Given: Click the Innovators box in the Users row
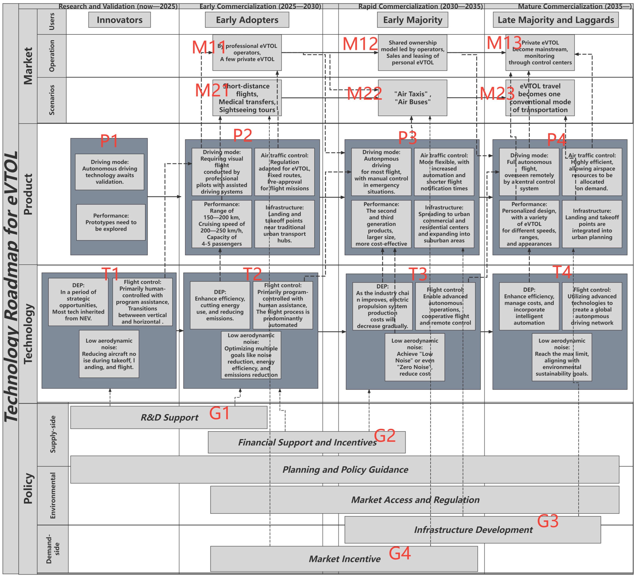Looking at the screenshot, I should (120, 20).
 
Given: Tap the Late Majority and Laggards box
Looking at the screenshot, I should (556, 20).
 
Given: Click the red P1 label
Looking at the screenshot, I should (109, 141).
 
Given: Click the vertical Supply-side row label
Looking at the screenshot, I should (53, 434).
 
